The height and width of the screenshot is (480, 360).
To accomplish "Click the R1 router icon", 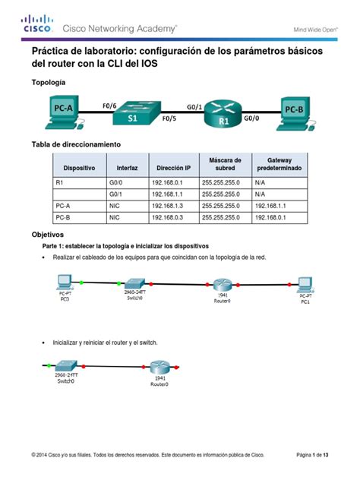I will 223,116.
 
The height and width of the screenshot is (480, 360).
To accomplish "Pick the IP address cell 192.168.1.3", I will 167,206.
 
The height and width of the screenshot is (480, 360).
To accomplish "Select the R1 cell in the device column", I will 61,183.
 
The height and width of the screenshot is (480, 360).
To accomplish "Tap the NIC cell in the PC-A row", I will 115,206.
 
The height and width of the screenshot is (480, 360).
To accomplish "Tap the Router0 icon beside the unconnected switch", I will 158,368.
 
